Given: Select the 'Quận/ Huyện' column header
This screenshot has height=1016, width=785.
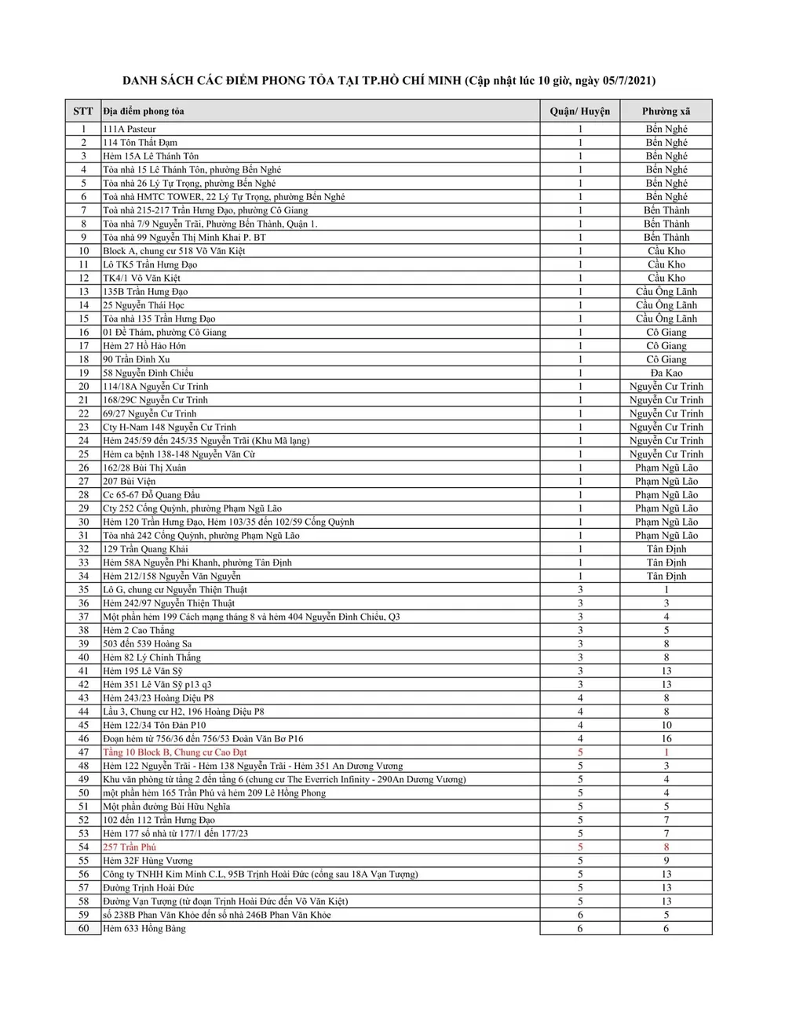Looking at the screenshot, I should (x=580, y=111).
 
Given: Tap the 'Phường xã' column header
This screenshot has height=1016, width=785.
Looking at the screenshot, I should (x=666, y=111).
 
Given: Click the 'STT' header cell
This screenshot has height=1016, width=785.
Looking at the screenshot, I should (x=83, y=111).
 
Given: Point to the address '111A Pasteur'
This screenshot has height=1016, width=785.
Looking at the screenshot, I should (x=130, y=129).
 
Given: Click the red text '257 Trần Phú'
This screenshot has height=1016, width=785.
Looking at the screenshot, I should (x=130, y=847).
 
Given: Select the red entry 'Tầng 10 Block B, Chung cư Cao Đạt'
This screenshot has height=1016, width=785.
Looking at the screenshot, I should (x=174, y=752).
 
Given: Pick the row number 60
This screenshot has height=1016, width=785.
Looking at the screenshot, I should (x=83, y=929).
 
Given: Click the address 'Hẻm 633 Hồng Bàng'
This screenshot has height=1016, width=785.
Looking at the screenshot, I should (x=144, y=929).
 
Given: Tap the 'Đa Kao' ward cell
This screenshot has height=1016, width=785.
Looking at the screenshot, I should (x=666, y=373).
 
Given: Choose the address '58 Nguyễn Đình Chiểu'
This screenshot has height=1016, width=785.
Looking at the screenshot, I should (x=148, y=373).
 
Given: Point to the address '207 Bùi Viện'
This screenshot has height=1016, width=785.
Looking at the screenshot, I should (x=130, y=481).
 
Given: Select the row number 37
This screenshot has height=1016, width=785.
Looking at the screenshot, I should (x=83, y=617).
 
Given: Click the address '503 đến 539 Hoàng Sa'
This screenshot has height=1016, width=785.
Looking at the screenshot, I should (x=148, y=644).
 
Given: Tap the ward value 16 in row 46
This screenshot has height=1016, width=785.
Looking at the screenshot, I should (x=666, y=739).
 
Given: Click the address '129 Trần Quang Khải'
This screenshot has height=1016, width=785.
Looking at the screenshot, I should (x=145, y=549).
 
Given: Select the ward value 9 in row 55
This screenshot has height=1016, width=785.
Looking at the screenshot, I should (x=666, y=861).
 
